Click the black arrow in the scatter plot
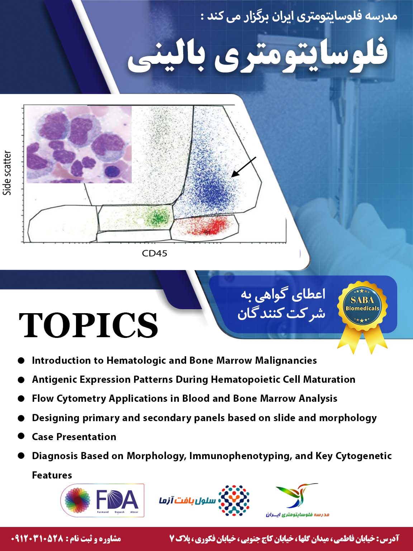tap(244, 167)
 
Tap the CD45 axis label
tap(155, 253)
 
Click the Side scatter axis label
tap(7, 173)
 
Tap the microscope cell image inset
tap(79, 144)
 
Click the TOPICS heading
tap(88, 325)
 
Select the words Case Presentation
tap(74, 437)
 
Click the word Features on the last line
tap(52, 475)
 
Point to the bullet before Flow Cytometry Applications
tap(22, 399)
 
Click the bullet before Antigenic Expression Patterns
tap(22, 380)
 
